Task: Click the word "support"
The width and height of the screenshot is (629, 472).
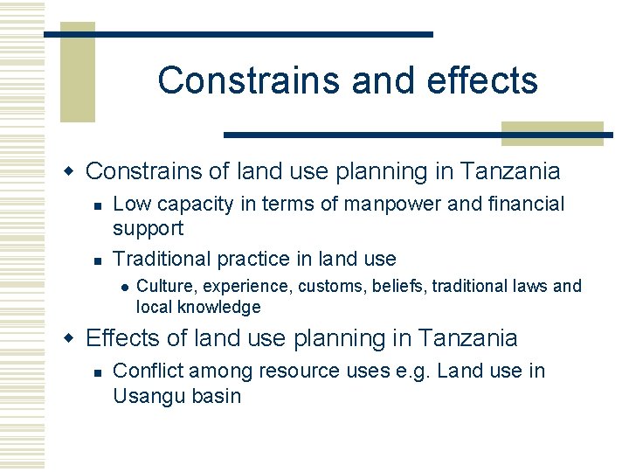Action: point(149,229)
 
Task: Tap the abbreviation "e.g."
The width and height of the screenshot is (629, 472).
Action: point(409,371)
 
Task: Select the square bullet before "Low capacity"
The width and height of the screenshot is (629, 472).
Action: point(98,205)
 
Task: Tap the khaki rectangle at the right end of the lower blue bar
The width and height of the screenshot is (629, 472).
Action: point(552,133)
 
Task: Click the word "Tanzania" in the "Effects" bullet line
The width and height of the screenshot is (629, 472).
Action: point(468,338)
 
